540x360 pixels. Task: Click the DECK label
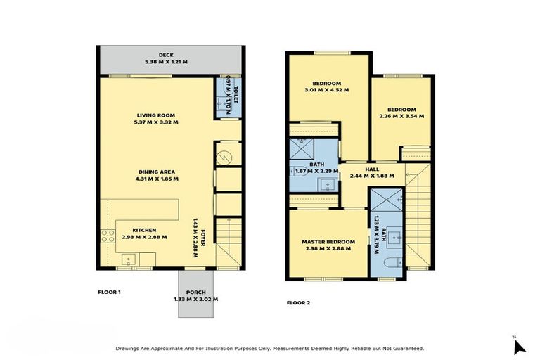tap(166, 54)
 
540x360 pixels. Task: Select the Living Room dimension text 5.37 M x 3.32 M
tap(155, 122)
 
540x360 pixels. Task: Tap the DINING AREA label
tap(155, 172)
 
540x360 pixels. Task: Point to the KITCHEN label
tap(144, 230)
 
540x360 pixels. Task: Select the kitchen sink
tap(129, 261)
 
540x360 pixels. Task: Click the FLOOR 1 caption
tap(109, 290)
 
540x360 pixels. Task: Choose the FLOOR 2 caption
tap(298, 303)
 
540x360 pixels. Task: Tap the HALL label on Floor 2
tap(371, 169)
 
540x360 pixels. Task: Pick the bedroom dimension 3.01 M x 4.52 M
tap(327, 90)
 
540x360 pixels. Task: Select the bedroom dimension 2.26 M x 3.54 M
tap(401, 116)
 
